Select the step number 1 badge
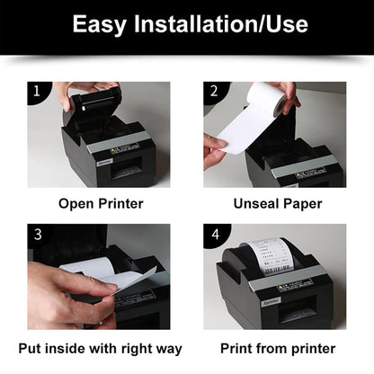point(36,91)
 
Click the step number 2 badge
point(213,91)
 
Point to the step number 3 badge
point(37,234)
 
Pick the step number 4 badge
point(213,234)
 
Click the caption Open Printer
point(101,203)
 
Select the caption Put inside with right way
point(100,348)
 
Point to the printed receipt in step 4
point(271,256)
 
